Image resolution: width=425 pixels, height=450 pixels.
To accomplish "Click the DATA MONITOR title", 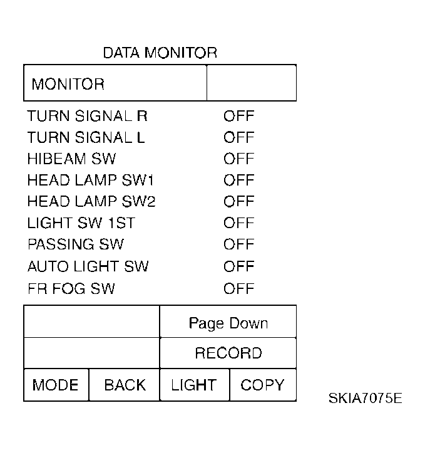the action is click(160, 53).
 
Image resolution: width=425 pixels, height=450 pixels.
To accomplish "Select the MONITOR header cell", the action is click(115, 83).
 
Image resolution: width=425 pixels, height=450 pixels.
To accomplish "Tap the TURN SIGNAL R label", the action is click(87, 116).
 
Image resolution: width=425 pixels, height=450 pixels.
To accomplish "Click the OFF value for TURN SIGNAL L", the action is click(238, 137).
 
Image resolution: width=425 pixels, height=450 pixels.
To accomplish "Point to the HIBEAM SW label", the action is click(71, 159).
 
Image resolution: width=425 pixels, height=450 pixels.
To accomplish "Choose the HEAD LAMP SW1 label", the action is click(91, 181).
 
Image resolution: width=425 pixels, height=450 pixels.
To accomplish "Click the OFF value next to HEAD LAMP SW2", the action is click(238, 201).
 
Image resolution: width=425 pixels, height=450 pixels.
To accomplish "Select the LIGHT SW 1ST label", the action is click(81, 223).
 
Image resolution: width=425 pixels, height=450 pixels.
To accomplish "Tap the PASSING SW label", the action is click(76, 244).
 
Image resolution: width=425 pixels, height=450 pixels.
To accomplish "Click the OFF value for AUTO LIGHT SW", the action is click(238, 266).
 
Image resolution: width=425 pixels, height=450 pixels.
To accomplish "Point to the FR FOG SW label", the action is click(71, 289).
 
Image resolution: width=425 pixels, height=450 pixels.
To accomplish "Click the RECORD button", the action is click(228, 353).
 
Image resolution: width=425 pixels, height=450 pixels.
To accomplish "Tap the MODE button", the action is click(56, 385).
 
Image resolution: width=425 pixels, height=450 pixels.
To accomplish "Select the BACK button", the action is click(125, 385).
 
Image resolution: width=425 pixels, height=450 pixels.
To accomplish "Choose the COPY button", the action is click(263, 385).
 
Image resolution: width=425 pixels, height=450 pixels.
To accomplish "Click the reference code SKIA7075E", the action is click(365, 398).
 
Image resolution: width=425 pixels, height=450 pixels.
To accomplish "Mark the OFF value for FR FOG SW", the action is click(238, 289).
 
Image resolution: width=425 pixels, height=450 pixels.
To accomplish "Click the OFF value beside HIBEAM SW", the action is click(238, 159).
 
